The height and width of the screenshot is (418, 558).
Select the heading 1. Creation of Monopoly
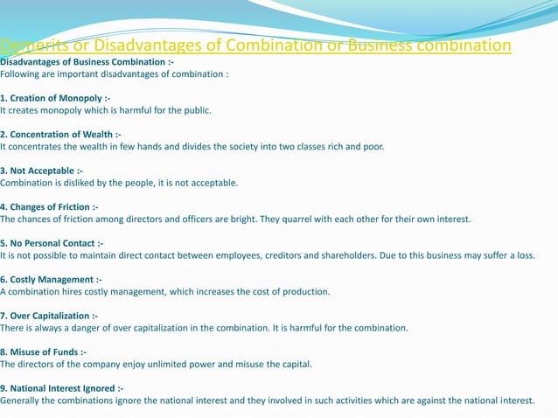(54, 99)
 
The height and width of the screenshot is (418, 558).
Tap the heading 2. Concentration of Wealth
(60, 135)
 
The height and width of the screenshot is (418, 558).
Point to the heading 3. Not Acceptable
(41, 171)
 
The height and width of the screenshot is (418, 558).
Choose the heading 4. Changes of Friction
(49, 206)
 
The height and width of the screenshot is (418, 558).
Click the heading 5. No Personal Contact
(52, 242)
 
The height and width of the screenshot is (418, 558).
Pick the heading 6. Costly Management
(51, 279)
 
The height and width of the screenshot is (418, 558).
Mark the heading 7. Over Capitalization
(49, 315)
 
